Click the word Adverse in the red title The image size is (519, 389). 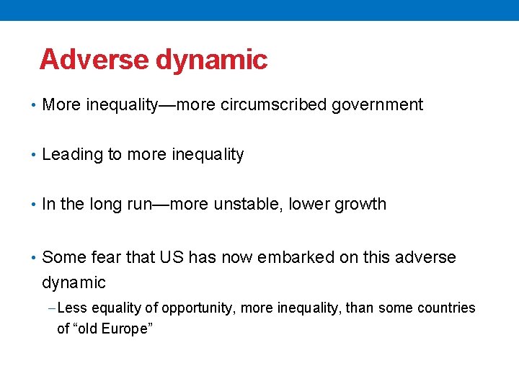(x=94, y=60)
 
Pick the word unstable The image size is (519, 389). (x=247, y=205)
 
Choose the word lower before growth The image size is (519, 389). (x=307, y=205)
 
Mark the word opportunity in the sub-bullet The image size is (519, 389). (x=198, y=309)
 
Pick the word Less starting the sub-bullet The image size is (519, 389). (x=72, y=308)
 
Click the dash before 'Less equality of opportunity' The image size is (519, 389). (x=52, y=308)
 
